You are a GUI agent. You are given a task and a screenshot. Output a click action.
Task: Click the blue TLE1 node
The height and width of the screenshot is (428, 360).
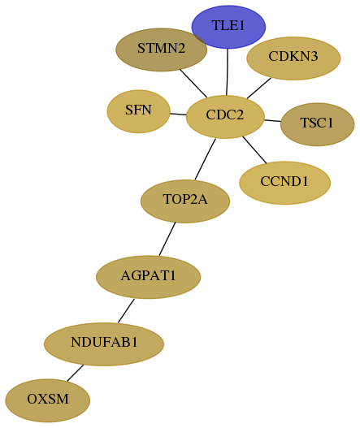click(228, 27)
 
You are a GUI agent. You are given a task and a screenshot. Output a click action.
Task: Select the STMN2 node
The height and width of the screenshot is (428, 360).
click(161, 50)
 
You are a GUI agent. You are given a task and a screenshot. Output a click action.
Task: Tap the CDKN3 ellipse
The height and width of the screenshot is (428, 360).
click(293, 58)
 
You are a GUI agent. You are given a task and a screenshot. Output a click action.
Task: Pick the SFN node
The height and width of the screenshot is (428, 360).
click(138, 111)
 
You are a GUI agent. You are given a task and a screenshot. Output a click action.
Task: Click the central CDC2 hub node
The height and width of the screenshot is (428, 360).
click(225, 117)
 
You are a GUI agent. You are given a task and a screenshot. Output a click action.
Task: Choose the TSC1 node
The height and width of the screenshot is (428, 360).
click(317, 124)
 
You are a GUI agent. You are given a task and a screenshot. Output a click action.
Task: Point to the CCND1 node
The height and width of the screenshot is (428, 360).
click(284, 183)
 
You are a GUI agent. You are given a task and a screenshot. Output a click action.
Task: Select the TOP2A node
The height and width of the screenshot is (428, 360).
click(185, 201)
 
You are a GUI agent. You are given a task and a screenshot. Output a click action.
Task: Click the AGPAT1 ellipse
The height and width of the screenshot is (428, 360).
click(149, 277)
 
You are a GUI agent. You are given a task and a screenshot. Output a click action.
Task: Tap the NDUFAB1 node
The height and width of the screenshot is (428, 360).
click(104, 344)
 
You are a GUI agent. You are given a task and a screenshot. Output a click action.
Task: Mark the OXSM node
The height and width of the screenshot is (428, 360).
click(47, 400)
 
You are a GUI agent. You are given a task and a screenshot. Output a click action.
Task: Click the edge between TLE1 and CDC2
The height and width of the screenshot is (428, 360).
click(227, 71)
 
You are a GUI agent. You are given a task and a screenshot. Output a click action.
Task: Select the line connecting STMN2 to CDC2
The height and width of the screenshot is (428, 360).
click(193, 84)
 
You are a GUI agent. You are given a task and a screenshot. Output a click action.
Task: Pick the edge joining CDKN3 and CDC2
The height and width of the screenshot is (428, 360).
click(259, 89)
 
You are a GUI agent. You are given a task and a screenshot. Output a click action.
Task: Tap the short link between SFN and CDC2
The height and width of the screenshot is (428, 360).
click(178, 114)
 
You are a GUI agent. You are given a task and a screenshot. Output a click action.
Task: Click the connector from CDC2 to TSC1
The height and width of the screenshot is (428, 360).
click(272, 120)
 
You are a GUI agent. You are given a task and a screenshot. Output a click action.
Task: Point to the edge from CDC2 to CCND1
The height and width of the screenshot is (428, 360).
click(254, 150)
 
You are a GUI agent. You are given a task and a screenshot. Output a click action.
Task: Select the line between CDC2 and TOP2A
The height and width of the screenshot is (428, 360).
click(205, 159)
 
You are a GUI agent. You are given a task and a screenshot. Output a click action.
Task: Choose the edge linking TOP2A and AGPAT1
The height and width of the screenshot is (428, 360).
click(167, 239)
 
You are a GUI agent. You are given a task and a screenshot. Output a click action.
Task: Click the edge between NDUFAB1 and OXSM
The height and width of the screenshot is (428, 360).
click(75, 373)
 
